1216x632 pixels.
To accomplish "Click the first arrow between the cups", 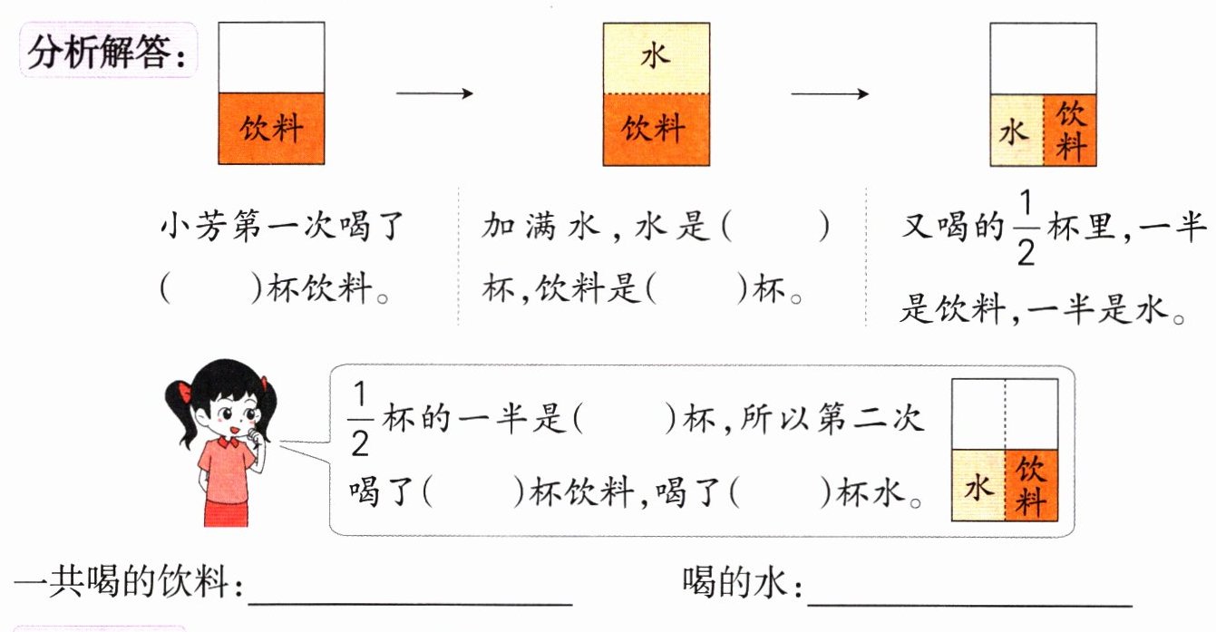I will tap(434, 92).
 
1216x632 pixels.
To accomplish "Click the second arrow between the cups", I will tap(830, 92).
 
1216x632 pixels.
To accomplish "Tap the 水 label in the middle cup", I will tap(656, 57).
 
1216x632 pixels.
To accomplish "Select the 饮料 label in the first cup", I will tap(271, 128).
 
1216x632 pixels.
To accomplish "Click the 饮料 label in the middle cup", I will tap(656, 129).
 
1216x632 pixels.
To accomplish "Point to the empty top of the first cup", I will tap(271, 57).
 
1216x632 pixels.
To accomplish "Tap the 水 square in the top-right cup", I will tap(1016, 131).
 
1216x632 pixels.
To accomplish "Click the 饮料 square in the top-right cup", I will tap(1070, 131).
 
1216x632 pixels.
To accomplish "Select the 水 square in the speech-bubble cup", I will tap(978, 487).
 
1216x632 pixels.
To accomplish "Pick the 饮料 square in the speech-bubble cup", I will tap(1031, 487).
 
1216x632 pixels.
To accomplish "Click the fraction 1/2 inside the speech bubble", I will tap(360, 420).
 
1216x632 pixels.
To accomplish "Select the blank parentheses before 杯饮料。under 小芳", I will tap(209, 288).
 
